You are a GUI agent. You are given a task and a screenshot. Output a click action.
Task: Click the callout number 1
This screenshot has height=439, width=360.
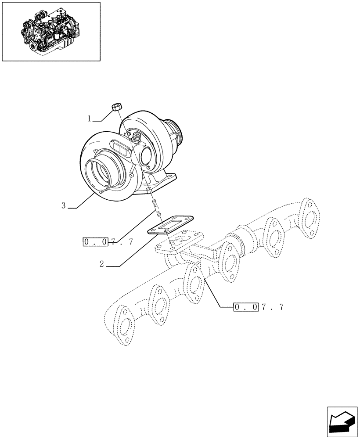point(89,119)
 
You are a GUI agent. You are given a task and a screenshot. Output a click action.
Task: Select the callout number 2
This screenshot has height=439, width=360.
point(101,264)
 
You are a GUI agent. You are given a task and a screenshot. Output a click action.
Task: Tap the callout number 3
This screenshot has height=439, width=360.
point(64,205)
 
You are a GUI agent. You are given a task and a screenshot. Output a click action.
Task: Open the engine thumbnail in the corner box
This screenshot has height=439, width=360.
point(51,32)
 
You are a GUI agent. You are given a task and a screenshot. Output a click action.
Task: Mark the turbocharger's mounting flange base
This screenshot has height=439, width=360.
point(162,182)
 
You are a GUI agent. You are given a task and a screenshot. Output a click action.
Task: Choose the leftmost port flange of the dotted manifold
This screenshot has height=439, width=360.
point(125,324)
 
